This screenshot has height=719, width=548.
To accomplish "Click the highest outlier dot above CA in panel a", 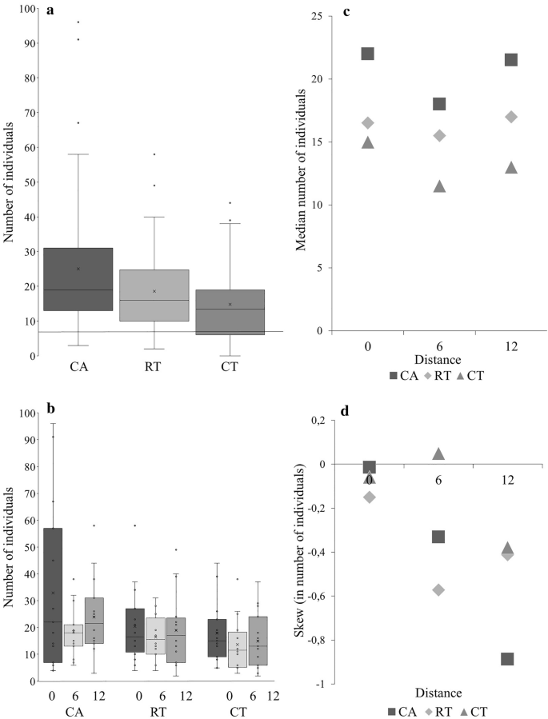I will point(78,22).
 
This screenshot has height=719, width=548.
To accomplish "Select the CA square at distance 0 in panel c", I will point(368,54).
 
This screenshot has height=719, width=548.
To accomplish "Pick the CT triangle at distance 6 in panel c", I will point(439,186).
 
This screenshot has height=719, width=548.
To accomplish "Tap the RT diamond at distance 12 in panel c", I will point(510,117).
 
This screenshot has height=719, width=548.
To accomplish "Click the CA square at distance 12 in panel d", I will point(506,659).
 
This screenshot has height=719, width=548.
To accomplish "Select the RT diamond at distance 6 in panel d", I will point(438,589).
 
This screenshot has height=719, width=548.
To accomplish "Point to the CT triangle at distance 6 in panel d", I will point(438,453).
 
